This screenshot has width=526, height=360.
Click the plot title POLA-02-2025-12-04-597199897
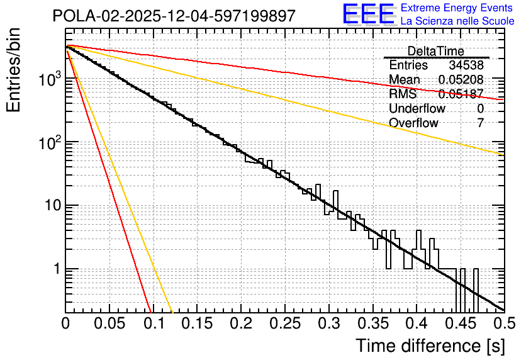tap(174, 16)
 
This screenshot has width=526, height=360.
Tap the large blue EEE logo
tap(368, 14)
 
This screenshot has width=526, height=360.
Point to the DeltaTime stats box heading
tap(435, 51)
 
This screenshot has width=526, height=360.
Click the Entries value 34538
tap(466, 65)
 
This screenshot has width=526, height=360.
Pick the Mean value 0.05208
tap(461, 80)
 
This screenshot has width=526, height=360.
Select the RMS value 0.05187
tap(461, 94)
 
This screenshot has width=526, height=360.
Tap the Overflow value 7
tap(480, 123)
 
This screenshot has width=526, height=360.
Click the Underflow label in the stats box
tap(417, 108)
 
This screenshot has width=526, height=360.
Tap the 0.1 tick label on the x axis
tap(153, 324)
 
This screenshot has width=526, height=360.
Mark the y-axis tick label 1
tap(55, 269)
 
